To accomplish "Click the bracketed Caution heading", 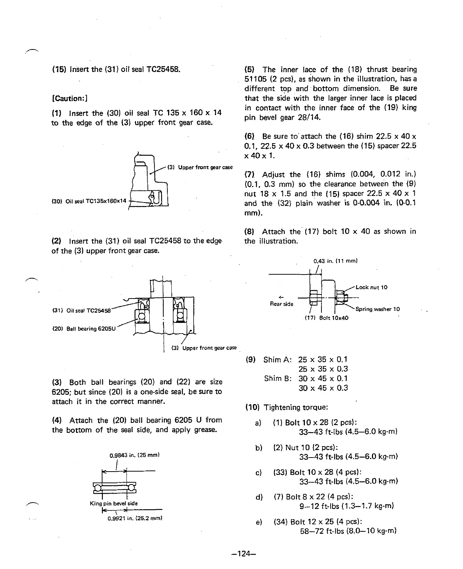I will coord(70,99).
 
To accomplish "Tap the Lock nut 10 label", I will coord(371,287).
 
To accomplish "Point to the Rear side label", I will coord(282,304).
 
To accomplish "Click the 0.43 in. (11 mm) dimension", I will coord(336,261).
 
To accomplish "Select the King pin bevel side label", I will coord(114,503).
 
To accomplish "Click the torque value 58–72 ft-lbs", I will coord(322,531).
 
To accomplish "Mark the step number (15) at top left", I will coord(59,69).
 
